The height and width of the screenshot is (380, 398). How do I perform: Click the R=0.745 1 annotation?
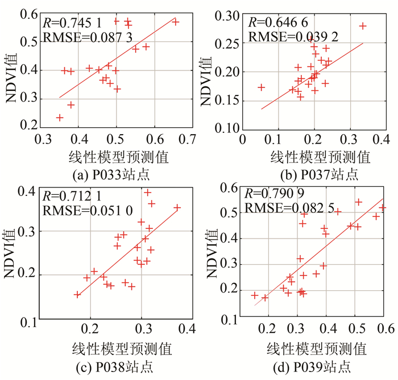pyautogui.click(x=72, y=23)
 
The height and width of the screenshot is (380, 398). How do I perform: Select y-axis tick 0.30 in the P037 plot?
pyautogui.click(x=229, y=17)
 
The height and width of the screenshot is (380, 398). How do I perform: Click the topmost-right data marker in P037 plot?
pyautogui.click(x=363, y=26)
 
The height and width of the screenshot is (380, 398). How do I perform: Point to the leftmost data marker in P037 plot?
pyautogui.click(x=261, y=87)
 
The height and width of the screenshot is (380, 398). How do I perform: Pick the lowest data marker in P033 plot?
pyautogui.click(x=60, y=118)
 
